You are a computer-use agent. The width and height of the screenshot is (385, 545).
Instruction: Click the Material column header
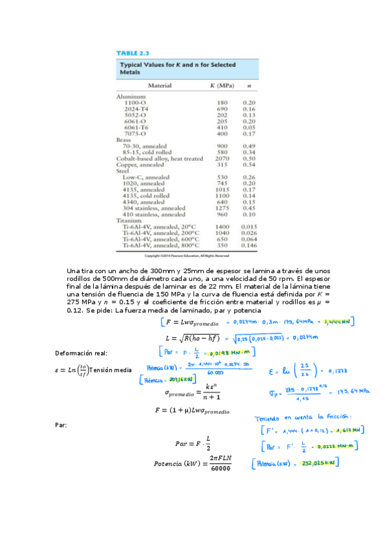164,85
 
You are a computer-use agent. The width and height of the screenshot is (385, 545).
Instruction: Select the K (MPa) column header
222,85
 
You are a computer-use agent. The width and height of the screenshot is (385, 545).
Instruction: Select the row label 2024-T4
137,109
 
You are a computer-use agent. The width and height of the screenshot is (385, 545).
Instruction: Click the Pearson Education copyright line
187,255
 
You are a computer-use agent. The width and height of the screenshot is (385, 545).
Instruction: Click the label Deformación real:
82,353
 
